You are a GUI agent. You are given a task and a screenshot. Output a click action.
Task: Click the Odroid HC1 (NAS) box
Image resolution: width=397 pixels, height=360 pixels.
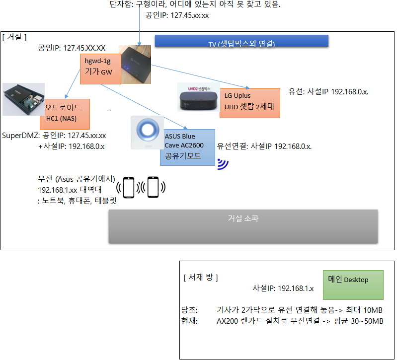[65, 113]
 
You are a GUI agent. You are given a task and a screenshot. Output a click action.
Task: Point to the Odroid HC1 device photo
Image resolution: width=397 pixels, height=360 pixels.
[23, 99]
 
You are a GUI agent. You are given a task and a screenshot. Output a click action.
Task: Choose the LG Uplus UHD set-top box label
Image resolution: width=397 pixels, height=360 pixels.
[249, 103]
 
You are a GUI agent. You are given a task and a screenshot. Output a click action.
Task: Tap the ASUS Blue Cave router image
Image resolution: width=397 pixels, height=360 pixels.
[147, 132]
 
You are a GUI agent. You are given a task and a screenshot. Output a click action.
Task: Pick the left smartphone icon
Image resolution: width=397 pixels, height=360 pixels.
[129, 187]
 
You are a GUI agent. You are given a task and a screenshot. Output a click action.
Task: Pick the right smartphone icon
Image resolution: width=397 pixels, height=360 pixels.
[153, 187]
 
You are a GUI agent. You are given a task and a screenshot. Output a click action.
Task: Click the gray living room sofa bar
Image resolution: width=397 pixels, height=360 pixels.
[243, 226]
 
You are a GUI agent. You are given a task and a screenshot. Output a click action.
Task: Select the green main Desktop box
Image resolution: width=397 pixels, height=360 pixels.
[353, 285]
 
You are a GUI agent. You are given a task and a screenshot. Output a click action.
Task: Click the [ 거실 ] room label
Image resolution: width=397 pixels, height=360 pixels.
[14, 37]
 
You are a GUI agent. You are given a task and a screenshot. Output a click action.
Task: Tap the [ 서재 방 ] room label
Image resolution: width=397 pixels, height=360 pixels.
[201, 277]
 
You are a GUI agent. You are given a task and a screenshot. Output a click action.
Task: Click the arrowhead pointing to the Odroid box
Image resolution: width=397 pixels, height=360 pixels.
[66, 96]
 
